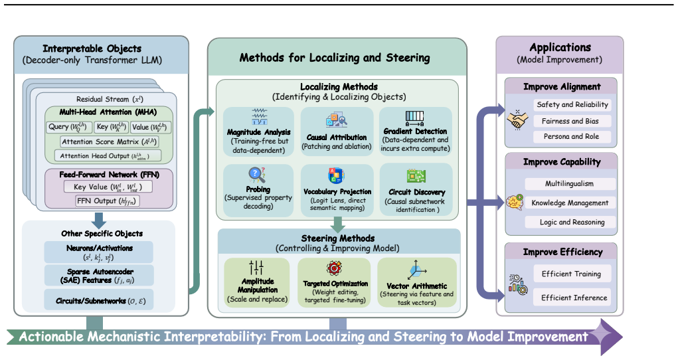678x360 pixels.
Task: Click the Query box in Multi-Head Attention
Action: click(69, 128)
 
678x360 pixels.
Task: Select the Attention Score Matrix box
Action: click(110, 141)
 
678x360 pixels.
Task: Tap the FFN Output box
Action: click(107, 201)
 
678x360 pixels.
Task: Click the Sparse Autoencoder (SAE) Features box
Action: click(98, 276)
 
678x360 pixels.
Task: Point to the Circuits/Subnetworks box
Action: click(98, 300)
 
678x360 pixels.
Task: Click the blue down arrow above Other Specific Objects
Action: click(98, 219)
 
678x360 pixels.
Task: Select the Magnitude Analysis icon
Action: click(259, 117)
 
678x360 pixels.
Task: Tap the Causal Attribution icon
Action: click(337, 120)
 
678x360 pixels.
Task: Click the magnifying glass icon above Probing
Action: click(256, 175)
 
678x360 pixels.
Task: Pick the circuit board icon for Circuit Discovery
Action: click(416, 176)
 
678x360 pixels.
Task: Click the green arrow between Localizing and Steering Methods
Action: click(338, 224)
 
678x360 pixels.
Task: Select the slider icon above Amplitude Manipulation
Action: click(256, 268)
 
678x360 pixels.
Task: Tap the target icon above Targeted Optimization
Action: click(334, 268)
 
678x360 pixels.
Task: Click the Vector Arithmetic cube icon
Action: click(417, 270)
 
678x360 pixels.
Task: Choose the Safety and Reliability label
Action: click(572, 105)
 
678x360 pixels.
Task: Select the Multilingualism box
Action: click(570, 183)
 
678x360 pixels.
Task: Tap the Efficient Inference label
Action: click(574, 298)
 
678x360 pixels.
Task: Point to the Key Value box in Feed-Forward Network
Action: click(108, 187)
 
